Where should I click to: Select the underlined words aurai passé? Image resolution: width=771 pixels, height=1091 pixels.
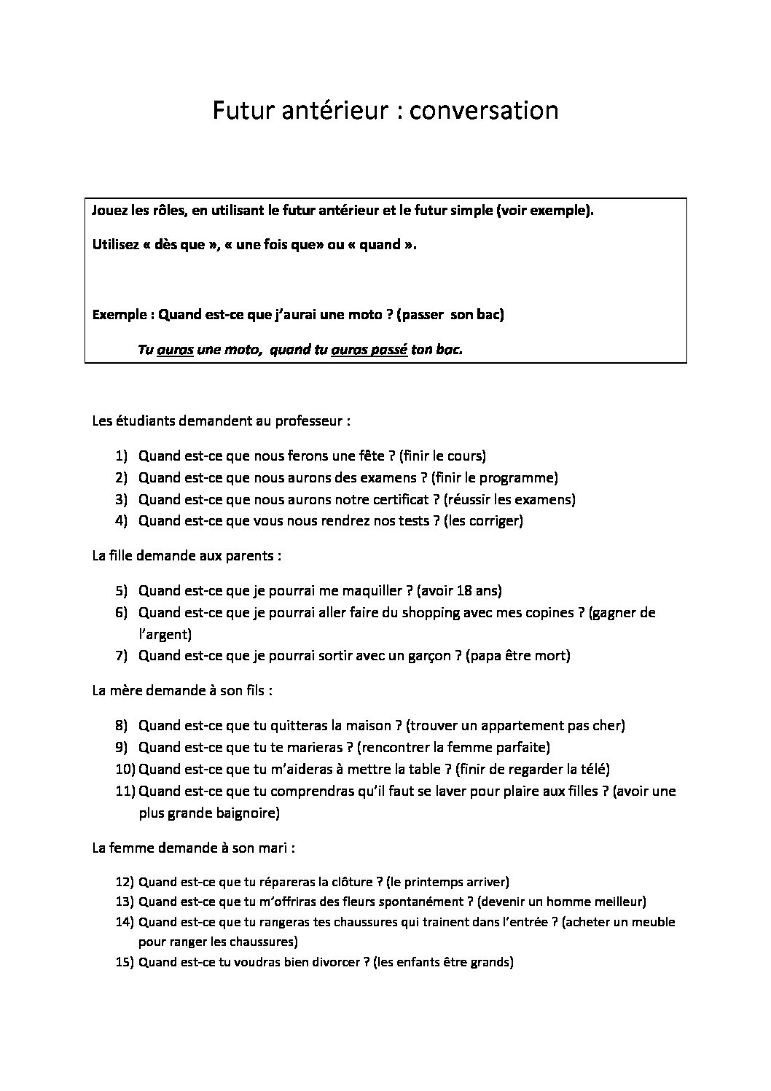(x=368, y=350)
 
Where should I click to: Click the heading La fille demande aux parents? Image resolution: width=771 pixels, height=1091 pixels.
(x=187, y=555)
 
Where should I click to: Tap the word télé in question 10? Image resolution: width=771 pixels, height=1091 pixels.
(x=592, y=769)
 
